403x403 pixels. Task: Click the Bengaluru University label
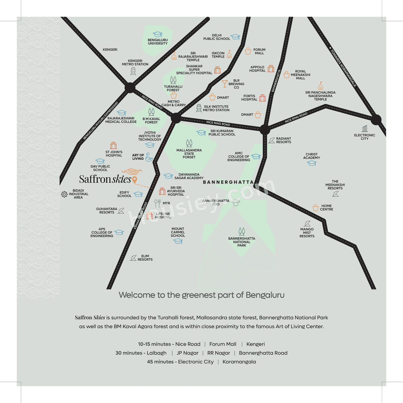158,42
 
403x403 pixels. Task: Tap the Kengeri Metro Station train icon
133,71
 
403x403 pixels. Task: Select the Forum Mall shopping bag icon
248,51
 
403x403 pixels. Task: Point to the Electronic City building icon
365,128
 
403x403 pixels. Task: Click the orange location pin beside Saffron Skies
135,180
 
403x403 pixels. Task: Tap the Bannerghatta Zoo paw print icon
236,202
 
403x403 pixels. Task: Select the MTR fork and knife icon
157,203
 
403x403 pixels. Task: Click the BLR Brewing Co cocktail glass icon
224,84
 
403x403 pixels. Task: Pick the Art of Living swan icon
149,157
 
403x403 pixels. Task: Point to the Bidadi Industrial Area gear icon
64,194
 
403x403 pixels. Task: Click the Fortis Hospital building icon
262,98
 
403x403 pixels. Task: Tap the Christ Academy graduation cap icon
312,163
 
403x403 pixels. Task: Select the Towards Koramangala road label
343,67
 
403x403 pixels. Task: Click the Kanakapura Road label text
140,216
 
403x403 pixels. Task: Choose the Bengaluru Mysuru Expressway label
101,121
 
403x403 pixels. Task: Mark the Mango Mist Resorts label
307,233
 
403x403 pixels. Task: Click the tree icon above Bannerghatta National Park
242,231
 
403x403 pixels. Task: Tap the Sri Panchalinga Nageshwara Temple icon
321,86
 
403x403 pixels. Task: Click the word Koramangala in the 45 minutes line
239,361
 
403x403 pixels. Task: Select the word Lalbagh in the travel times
157,353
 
